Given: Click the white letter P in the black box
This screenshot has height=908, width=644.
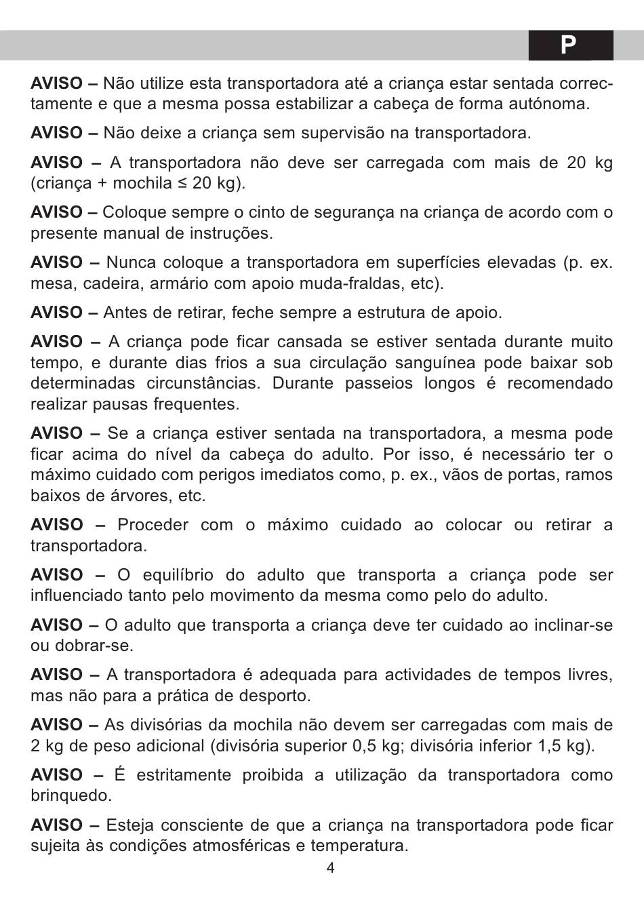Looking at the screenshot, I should tap(569, 45).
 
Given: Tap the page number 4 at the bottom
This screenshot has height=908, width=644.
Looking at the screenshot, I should tap(330, 868).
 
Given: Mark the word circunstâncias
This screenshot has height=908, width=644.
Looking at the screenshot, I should tap(203, 383).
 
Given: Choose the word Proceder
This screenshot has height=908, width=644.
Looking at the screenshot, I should tap(149, 525).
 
